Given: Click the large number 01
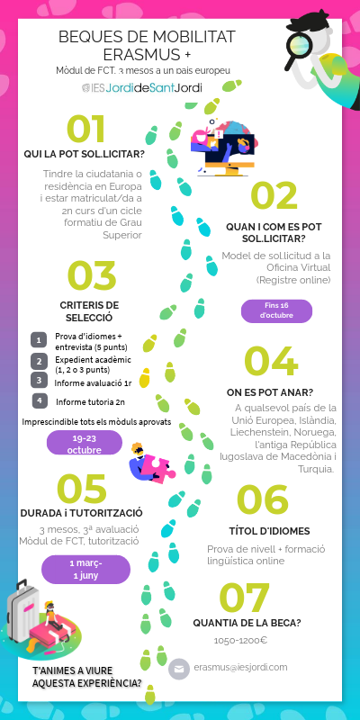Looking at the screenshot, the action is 85,128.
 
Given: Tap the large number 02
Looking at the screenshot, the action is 274,196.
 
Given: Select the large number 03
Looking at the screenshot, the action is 92,277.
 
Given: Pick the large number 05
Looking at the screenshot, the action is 82,488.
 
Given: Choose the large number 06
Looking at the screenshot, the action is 261,500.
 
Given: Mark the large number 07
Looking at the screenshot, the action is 245,597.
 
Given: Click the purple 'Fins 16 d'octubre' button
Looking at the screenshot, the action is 276,311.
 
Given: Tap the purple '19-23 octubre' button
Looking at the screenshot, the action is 84,442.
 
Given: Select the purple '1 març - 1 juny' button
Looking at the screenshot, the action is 85,569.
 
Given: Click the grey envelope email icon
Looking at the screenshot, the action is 179,669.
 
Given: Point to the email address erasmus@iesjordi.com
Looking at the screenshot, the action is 240,667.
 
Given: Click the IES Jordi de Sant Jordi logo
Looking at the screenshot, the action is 141,88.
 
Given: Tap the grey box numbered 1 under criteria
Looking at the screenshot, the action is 39,339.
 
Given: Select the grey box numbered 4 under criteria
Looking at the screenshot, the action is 39,400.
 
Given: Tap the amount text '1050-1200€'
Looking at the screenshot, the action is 240,641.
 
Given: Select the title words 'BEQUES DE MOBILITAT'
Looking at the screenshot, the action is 147,36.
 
